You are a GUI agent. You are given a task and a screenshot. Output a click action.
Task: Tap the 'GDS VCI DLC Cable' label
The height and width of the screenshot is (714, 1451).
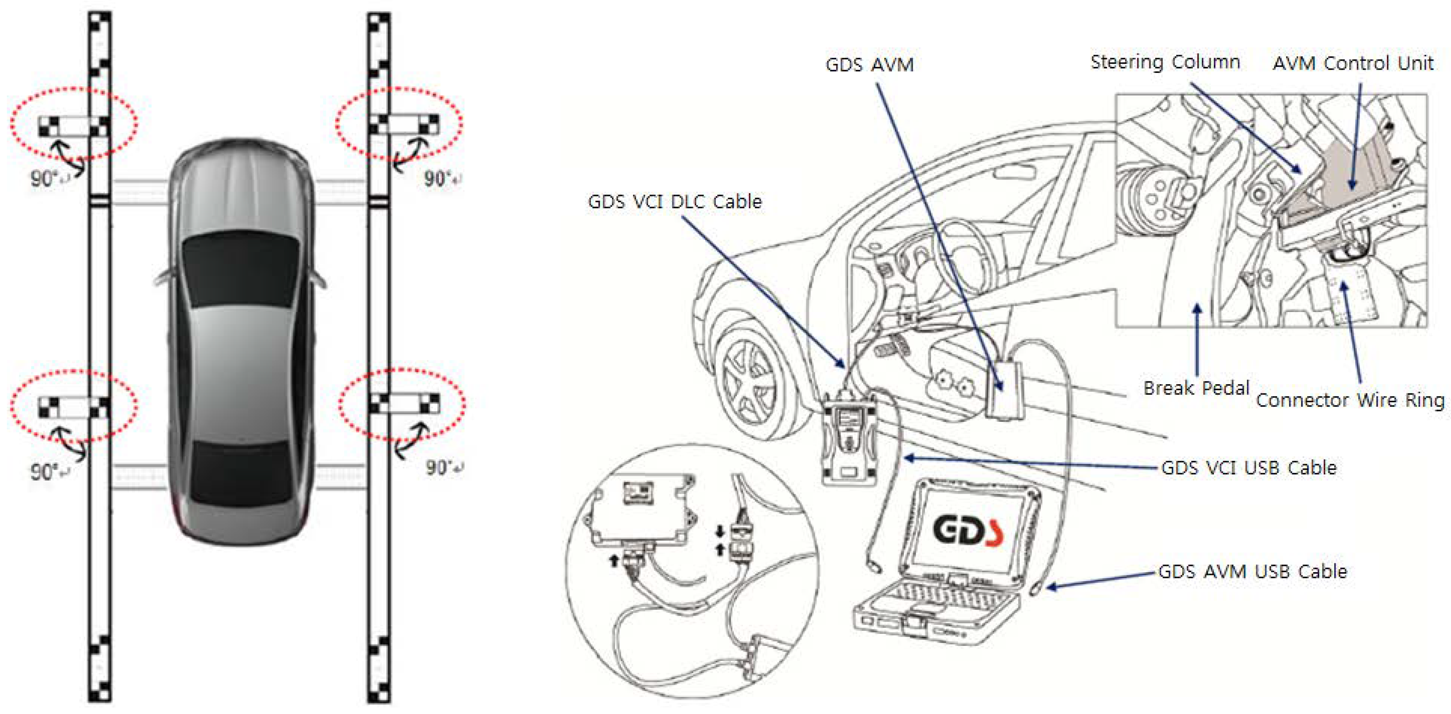click(x=674, y=201)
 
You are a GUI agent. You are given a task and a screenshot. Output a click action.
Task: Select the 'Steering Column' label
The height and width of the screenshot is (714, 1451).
click(x=1165, y=62)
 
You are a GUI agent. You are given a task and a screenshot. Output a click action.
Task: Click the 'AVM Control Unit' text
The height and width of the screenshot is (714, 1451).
click(x=1353, y=63)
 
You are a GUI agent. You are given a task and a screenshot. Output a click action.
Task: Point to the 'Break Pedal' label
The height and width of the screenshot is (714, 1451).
click(x=1196, y=388)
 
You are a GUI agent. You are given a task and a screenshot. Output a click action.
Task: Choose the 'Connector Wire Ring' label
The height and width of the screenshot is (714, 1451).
click(x=1350, y=400)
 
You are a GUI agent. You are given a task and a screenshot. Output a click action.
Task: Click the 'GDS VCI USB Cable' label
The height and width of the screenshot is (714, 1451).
click(x=1248, y=467)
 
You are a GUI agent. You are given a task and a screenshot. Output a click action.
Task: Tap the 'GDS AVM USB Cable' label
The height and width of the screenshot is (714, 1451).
click(x=1252, y=571)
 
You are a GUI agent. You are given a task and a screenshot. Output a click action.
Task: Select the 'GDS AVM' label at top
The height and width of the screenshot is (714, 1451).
click(x=869, y=65)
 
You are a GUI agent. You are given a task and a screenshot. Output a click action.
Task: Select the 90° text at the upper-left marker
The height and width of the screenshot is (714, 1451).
click(x=44, y=179)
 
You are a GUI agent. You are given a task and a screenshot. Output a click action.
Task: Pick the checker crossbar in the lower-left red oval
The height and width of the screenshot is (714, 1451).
click(x=73, y=406)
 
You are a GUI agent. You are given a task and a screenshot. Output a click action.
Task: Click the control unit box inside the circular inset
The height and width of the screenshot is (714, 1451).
click(x=639, y=513)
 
